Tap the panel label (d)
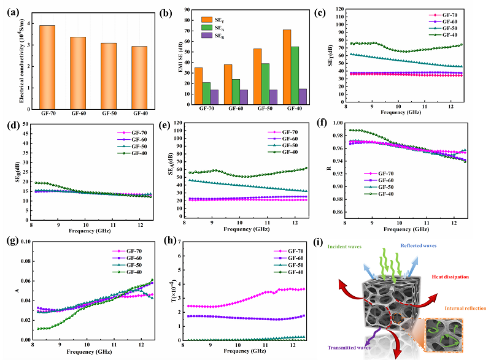pos(10,128)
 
